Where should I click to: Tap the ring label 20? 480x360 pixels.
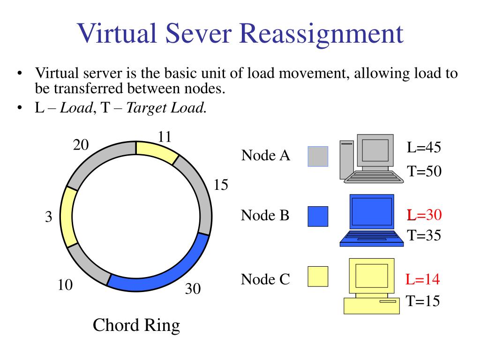click(81, 145)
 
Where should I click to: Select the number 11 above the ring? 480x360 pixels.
click(165, 136)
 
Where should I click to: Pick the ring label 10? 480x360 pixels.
click(65, 285)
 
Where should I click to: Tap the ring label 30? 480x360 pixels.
click(193, 289)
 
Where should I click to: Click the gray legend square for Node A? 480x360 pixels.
click(318, 156)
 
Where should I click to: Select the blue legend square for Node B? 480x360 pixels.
click(318, 217)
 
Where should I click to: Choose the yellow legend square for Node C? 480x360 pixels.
click(318, 276)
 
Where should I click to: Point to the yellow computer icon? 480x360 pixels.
click(371, 286)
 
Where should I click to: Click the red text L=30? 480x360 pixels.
click(424, 215)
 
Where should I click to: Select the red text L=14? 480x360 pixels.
click(423, 280)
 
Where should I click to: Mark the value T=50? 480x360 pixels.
click(424, 171)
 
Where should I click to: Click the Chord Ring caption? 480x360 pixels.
click(136, 325)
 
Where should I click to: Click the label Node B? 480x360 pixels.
click(265, 216)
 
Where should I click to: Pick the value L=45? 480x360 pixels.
click(424, 148)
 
